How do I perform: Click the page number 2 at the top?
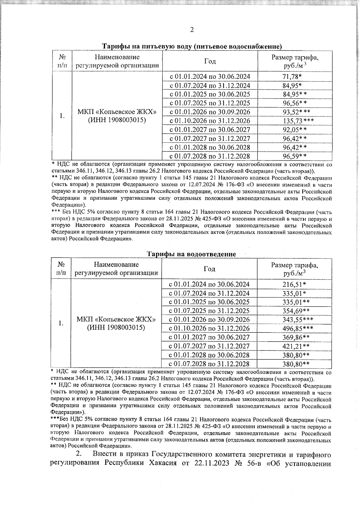click(192, 30)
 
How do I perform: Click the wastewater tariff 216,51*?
click(294, 284)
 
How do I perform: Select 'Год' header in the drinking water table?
click(210, 61)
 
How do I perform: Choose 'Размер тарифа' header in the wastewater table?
click(295, 265)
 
